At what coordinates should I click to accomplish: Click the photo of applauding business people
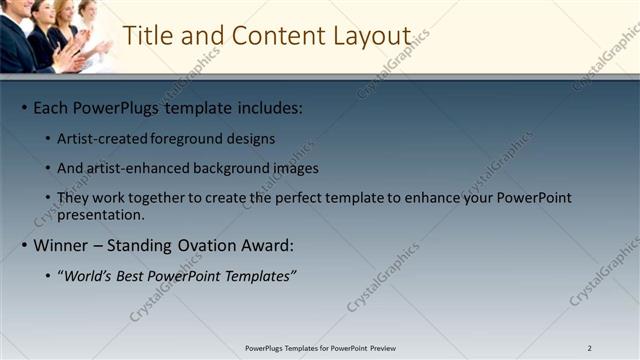coord(55,36)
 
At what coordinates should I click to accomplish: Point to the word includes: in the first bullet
coord(269,107)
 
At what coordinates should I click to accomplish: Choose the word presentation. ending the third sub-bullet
coord(101,214)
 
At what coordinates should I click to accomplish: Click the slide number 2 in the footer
coord(590,348)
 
